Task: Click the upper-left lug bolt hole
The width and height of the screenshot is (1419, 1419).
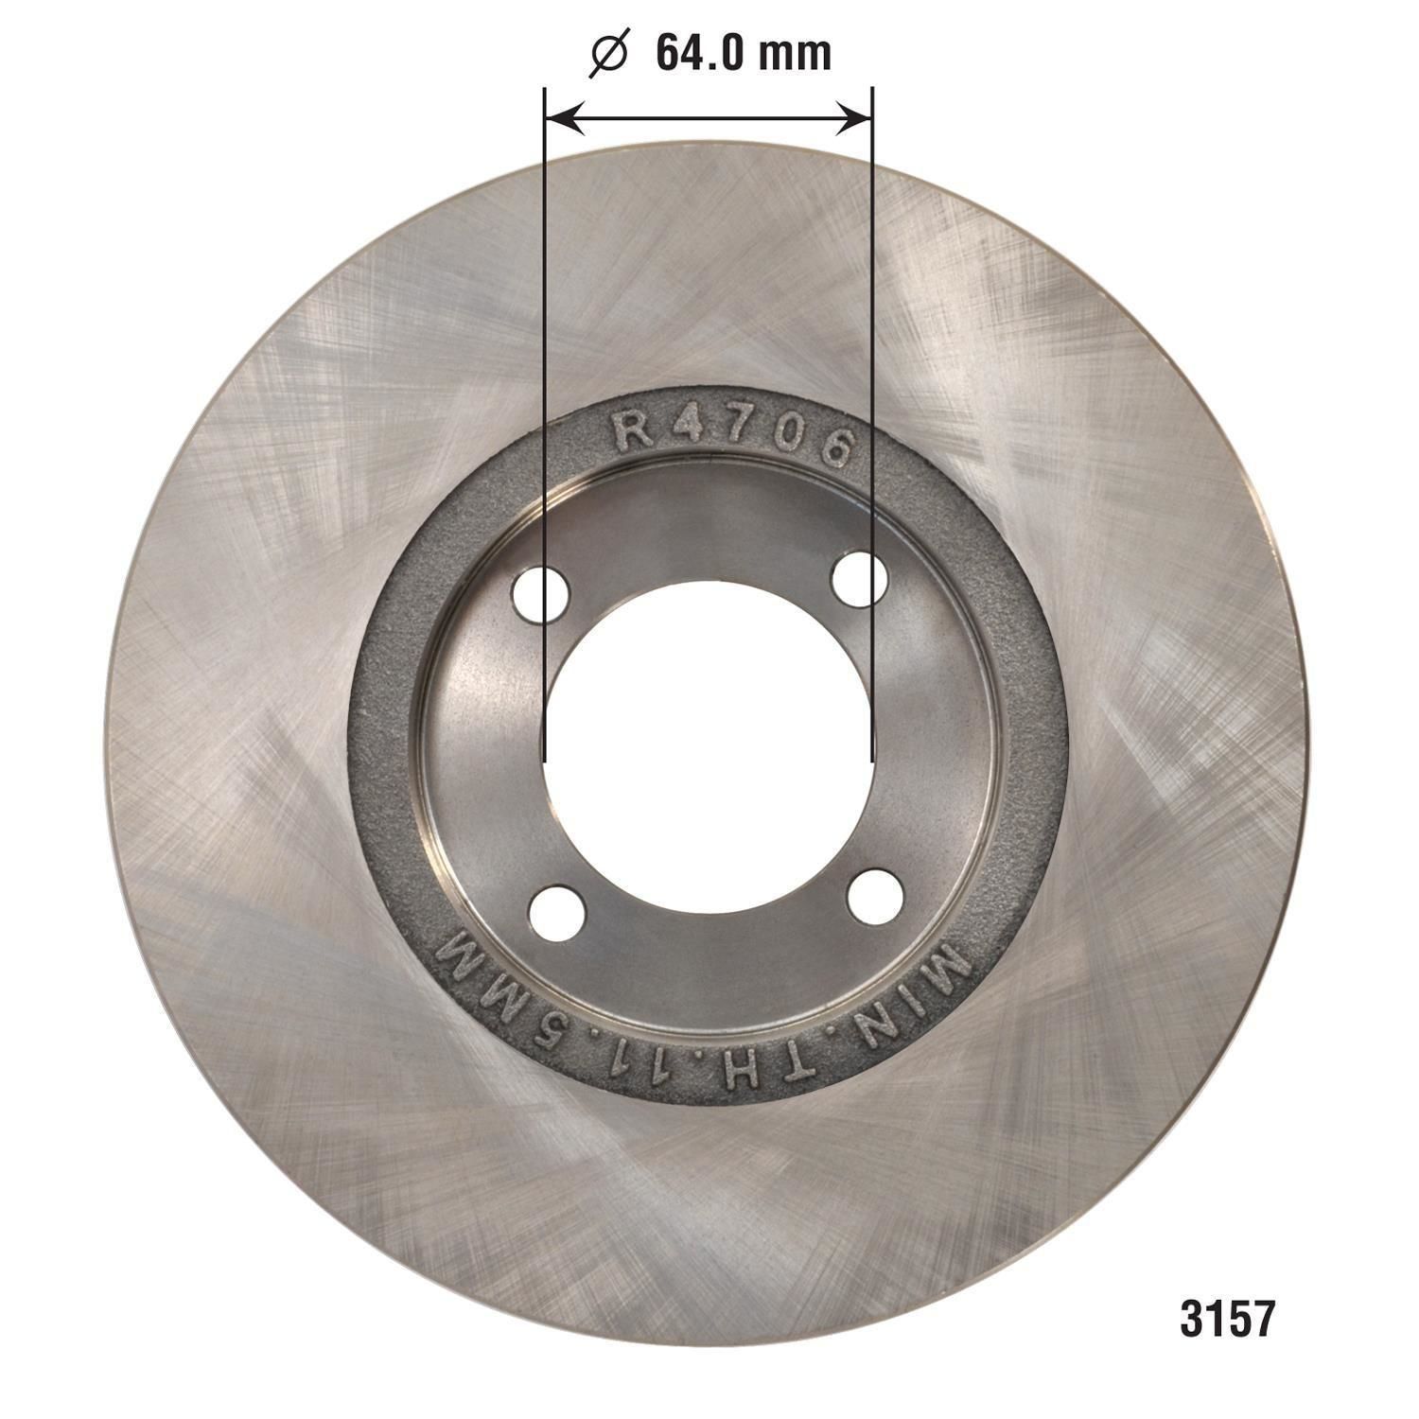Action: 540,594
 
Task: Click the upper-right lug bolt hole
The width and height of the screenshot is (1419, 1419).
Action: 859,578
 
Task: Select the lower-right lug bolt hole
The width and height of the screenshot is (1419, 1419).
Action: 873,898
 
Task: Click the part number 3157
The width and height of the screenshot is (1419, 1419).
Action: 1227,1318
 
